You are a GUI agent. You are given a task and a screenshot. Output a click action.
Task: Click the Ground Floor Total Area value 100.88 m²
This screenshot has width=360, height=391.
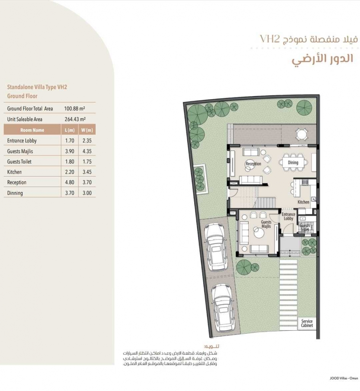[74, 108]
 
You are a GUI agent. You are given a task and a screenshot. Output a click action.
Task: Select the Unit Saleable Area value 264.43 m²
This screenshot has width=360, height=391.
[75, 119]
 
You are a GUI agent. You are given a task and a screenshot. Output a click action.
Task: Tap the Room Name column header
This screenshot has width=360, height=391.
[32, 130]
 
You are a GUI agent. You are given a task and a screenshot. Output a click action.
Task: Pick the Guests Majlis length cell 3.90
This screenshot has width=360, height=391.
[70, 151]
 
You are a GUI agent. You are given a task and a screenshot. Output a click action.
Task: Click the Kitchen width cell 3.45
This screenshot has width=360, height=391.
[87, 172]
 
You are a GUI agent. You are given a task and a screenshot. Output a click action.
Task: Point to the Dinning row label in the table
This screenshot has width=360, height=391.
[15, 193]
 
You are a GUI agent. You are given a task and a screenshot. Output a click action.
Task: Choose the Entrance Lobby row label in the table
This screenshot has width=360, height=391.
[22, 141]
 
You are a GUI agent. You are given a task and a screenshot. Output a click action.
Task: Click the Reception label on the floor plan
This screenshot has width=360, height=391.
[253, 164]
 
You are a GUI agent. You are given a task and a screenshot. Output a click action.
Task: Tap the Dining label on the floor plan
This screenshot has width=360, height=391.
[293, 163]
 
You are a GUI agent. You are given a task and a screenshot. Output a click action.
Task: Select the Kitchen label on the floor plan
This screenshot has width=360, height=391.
[303, 202]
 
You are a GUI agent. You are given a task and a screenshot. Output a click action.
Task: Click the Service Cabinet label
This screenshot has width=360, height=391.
[307, 323]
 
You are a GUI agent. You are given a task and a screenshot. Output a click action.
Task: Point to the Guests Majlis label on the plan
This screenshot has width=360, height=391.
[266, 224]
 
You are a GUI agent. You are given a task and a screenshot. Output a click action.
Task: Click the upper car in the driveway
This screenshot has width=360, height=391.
[216, 247]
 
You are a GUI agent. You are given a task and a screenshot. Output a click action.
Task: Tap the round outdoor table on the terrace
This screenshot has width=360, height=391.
[302, 135]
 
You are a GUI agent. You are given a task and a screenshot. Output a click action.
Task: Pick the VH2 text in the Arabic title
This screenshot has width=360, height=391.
[270, 39]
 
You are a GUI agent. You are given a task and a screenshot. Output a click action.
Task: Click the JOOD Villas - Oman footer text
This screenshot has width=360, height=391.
[344, 378]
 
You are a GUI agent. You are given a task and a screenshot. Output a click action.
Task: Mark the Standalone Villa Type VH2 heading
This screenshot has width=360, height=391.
[37, 87]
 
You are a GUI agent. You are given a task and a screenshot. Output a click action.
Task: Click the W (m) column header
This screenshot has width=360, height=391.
[87, 130]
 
